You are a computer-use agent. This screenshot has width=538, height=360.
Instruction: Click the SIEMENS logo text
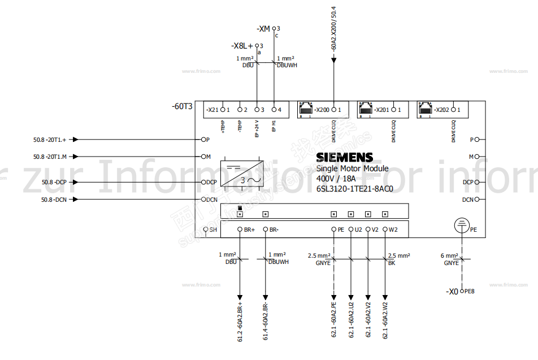tap(344, 158)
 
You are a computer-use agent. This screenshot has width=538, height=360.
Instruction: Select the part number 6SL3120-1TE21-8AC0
tap(354, 189)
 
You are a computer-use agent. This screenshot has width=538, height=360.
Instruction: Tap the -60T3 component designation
tap(183, 106)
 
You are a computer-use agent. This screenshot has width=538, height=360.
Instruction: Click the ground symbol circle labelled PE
tap(462, 226)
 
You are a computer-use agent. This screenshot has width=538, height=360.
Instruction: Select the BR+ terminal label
tap(249, 229)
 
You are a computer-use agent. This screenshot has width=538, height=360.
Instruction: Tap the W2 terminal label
tap(393, 229)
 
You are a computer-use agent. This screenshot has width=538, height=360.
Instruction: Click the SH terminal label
tap(213, 229)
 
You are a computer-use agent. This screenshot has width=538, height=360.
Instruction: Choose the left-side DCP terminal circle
tap(203, 182)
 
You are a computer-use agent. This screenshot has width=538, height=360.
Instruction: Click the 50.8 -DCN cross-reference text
tap(54, 199)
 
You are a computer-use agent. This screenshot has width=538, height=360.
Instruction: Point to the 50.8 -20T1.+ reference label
tap(50, 140)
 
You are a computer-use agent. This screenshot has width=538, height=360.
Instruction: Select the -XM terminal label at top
tap(263, 28)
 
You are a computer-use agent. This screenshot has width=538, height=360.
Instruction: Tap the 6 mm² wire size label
tap(450, 256)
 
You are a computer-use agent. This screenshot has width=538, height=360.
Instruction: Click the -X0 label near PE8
tap(452, 292)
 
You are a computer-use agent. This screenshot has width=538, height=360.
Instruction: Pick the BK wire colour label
tap(392, 263)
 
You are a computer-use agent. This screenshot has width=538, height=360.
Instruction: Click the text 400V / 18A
tap(336, 179)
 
